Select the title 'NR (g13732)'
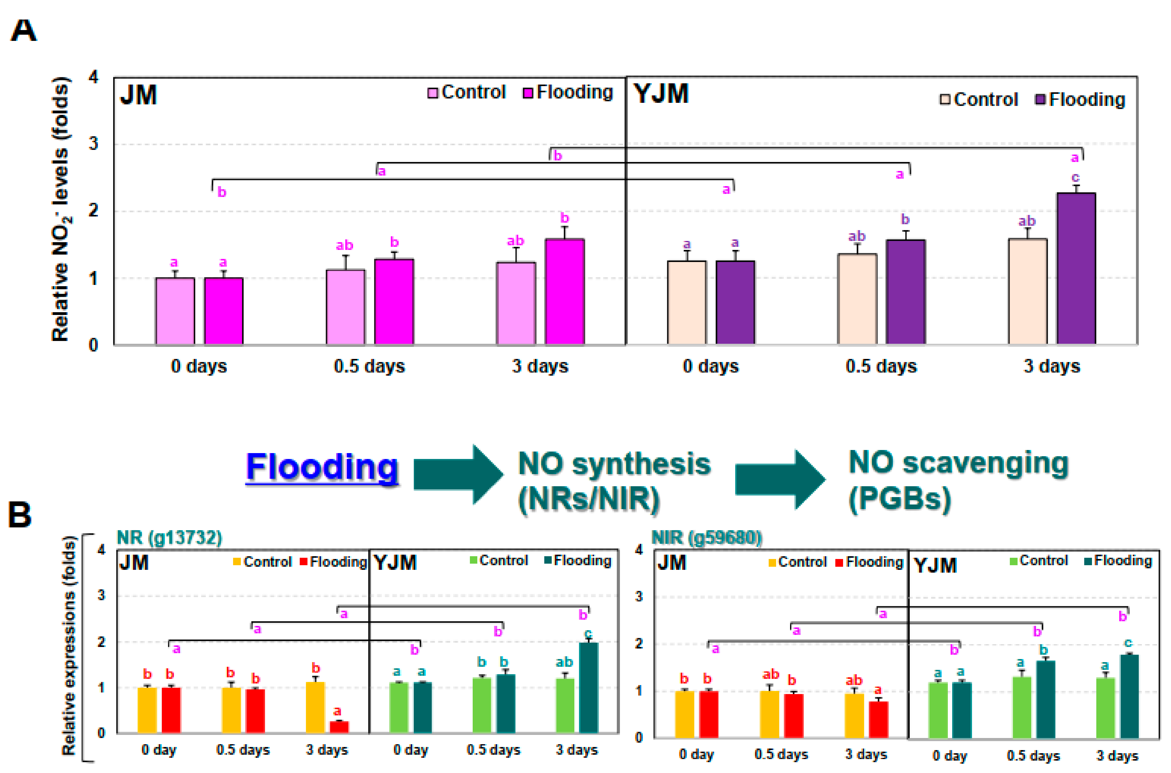[169, 537]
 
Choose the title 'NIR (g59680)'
[706, 537]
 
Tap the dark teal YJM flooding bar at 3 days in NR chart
[589, 688]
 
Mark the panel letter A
[23, 31]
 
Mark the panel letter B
[20, 515]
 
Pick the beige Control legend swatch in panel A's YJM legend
[945, 100]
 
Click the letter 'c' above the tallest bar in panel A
[1075, 177]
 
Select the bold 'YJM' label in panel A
[661, 94]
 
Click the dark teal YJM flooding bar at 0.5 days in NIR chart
[1045, 699]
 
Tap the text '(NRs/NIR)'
[589, 499]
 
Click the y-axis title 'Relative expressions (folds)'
[69, 646]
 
